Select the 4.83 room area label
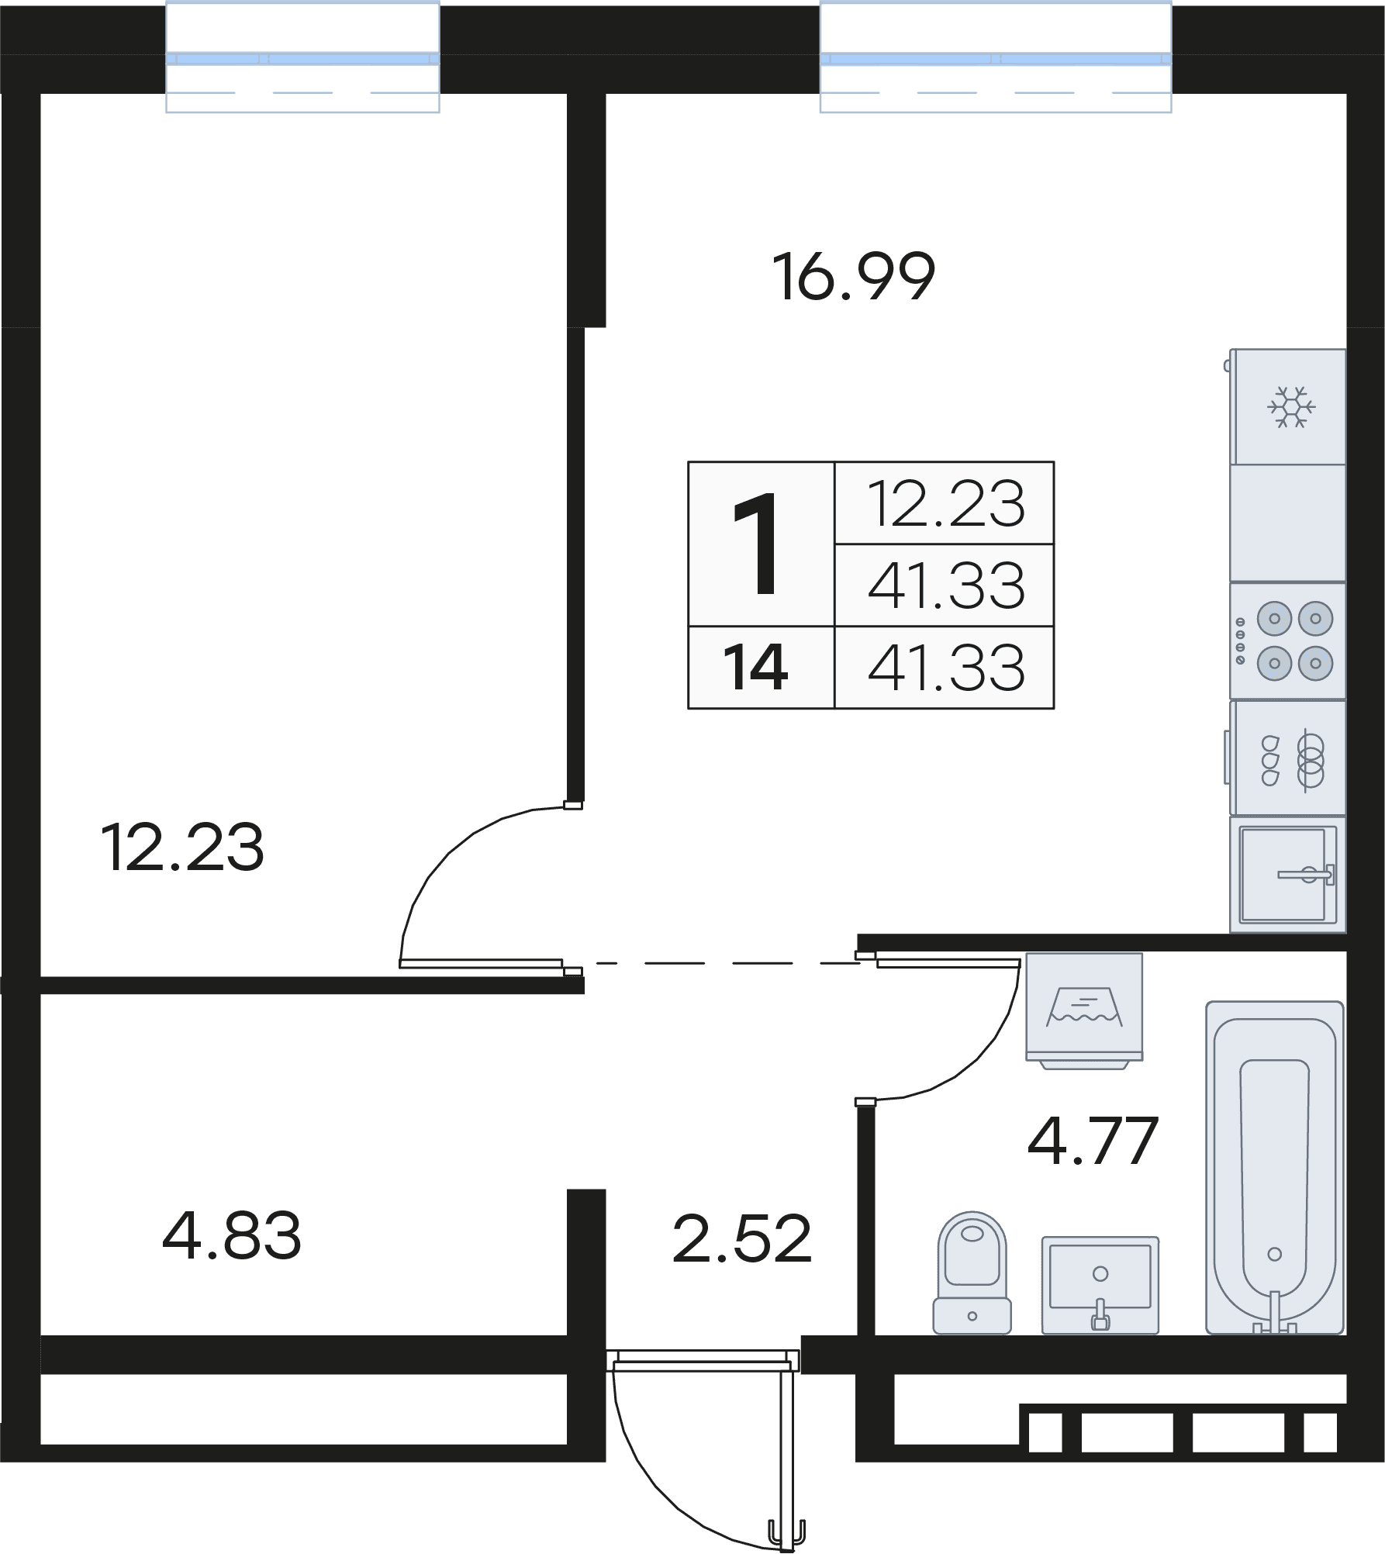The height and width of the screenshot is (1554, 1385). click(x=232, y=1236)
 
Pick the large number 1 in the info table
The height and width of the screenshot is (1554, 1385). click(x=756, y=544)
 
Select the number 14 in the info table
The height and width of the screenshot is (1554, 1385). click(x=755, y=668)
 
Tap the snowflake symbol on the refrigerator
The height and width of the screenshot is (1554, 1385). click(x=1291, y=406)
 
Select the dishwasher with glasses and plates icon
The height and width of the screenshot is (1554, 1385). click(x=1287, y=758)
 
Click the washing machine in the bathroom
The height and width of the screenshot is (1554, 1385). click(x=1084, y=1010)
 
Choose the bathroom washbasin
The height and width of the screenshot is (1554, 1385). click(x=1100, y=1285)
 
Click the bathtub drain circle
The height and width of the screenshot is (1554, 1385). click(x=1274, y=1254)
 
